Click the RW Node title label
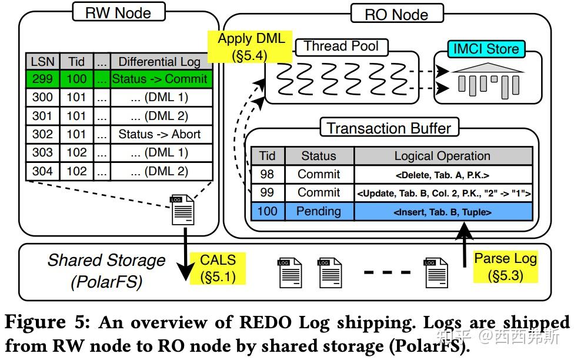118,13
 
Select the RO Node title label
396,14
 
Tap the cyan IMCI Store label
486,49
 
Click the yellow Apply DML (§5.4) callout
251,47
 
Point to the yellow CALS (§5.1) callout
218,268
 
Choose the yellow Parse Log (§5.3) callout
505,266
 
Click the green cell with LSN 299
42,79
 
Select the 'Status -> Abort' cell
159,134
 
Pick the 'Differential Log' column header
159,61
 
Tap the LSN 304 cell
42,171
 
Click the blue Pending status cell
318,211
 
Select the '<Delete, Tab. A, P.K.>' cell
442,175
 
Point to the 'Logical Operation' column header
442,156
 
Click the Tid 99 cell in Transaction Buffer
267,193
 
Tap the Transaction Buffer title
389,128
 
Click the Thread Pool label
341,46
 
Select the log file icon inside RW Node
182,210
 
